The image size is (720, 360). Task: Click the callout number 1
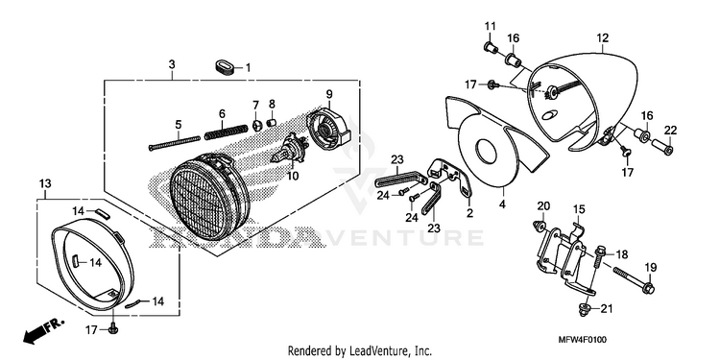[248, 68]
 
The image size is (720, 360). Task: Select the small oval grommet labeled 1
[226, 67]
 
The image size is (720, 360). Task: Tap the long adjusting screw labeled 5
[175, 142]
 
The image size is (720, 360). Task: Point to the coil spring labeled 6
[224, 132]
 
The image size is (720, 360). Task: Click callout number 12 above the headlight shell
[603, 37]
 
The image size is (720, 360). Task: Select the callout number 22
[670, 130]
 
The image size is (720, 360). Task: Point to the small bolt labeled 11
[492, 46]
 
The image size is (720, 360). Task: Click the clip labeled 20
[540, 226]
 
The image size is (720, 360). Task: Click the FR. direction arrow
[42, 331]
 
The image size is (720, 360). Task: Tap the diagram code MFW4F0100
[583, 340]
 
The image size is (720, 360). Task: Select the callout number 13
[44, 183]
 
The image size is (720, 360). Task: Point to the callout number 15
[579, 209]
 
